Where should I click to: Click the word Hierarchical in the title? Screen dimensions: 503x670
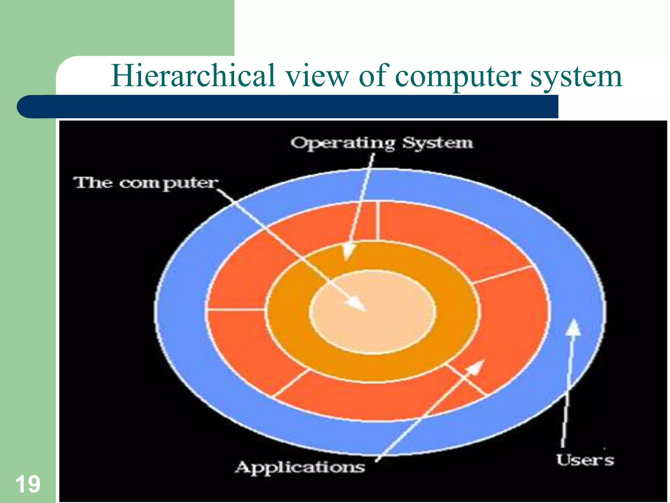pyautogui.click(x=193, y=76)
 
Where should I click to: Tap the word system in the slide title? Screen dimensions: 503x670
pyautogui.click(x=576, y=77)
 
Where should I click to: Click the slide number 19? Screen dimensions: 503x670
pyautogui.click(x=28, y=484)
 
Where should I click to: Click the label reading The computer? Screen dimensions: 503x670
pyautogui.click(x=146, y=183)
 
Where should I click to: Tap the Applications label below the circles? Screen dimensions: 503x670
pyautogui.click(x=300, y=467)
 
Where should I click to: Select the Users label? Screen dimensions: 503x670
pyautogui.click(x=585, y=460)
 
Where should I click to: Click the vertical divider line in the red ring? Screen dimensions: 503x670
pyautogui.click(x=378, y=221)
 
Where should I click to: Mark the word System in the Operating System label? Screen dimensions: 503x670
pyautogui.click(x=437, y=143)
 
